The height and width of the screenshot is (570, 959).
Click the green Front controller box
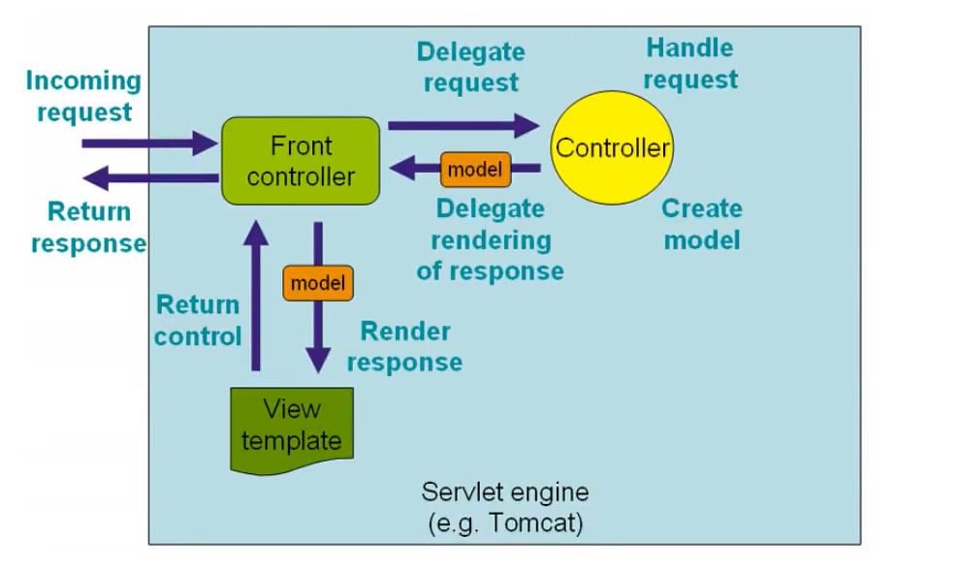coord(300,161)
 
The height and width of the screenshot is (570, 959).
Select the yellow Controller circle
coord(612,148)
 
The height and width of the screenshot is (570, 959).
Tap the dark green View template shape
coord(291,427)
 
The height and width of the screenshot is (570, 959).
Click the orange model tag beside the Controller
coord(475,170)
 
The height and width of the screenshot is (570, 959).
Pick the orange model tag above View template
coord(318,283)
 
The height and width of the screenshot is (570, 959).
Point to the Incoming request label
coord(83,96)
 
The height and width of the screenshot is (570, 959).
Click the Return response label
coord(88,227)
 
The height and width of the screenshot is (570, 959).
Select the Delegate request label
coord(471,67)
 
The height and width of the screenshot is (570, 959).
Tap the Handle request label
coord(690,63)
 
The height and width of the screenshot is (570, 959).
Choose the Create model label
coord(702,224)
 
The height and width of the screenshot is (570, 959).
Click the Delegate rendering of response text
coord(490,239)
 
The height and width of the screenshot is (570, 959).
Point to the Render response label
coord(405,346)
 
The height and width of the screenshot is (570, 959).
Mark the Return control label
coord(198,321)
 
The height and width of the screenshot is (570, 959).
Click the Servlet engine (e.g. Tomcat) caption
coord(504,507)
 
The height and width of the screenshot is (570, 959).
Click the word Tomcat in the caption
coord(537,524)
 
